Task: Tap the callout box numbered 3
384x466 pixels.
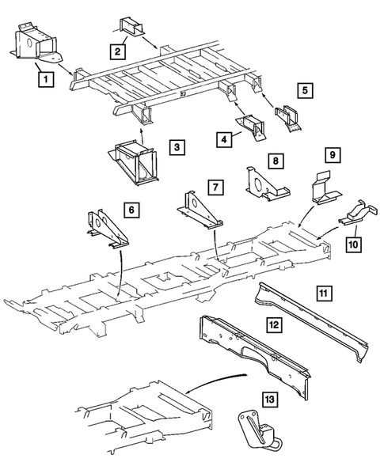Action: point(177,147)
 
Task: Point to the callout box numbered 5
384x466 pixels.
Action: point(304,90)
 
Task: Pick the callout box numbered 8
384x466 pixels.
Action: point(275,161)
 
